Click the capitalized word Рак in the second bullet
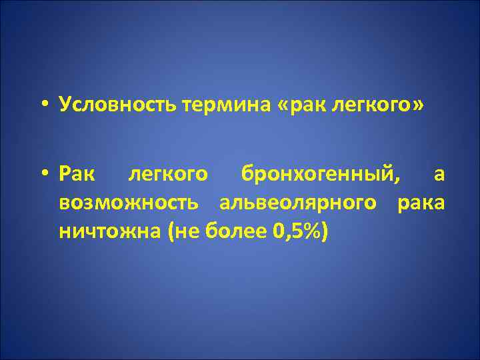point(77,175)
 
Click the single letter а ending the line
point(439,175)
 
